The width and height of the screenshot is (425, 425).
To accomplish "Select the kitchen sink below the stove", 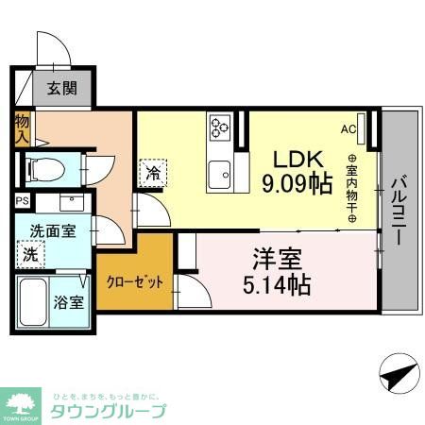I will coord(220,173).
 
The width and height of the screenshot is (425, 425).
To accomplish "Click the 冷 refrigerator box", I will coord(153,172).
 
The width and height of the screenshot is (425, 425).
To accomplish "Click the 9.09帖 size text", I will coord(297,182).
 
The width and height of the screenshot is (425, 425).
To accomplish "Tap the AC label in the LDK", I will coord(348,129).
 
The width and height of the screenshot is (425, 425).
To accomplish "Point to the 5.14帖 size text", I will coord(269,281).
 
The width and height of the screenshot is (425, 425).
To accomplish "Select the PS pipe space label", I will coord(22,200).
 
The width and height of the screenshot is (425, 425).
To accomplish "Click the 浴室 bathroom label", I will coord(68,303).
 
